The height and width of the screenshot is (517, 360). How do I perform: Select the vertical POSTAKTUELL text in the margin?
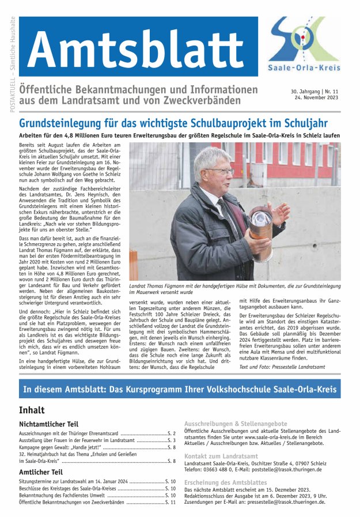tap(13, 63)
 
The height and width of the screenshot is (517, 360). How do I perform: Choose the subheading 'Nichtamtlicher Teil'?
tap(48, 424)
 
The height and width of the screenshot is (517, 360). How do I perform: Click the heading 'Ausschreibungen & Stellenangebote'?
tap(236, 423)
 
